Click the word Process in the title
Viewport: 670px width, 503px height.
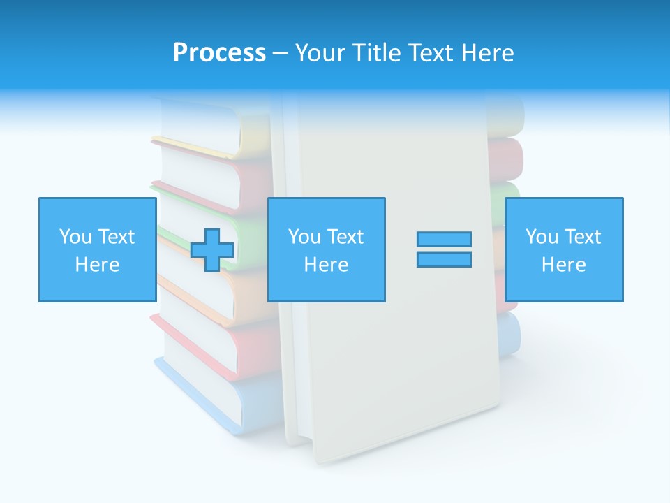[219, 53]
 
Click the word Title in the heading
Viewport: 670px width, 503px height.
[377, 53]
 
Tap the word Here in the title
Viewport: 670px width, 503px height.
[485, 53]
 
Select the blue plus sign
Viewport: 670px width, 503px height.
[212, 250]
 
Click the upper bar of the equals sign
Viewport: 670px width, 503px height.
[444, 239]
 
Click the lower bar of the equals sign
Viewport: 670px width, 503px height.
[444, 259]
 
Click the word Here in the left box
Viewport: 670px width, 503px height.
[97, 265]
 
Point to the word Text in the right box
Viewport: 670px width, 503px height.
[581, 237]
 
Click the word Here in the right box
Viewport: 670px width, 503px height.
[564, 265]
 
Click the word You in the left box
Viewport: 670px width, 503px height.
[75, 237]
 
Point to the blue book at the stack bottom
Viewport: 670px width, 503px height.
[202, 395]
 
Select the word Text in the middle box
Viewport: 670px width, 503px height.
[344, 237]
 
